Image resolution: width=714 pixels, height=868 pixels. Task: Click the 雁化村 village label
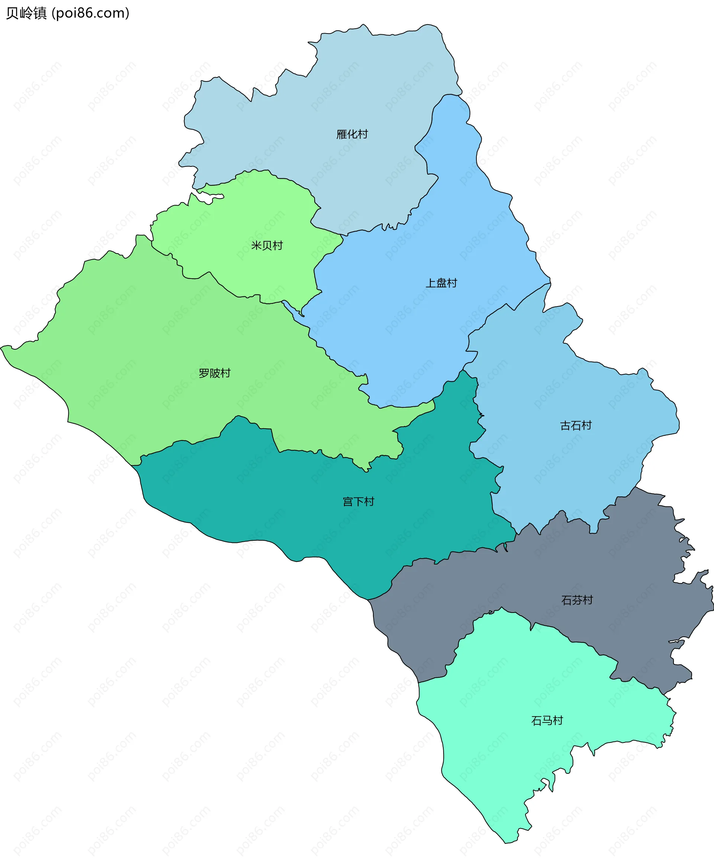point(352,134)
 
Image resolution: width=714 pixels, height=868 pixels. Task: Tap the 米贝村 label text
point(267,246)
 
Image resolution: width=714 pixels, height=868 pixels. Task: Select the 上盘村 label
point(441,283)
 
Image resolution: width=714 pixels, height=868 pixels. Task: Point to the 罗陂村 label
point(214,373)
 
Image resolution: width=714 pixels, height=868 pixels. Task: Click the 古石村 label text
point(575,425)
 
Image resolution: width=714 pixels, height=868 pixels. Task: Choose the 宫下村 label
point(358,502)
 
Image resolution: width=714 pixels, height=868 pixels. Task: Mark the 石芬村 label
point(577,600)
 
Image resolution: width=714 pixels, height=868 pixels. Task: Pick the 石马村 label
point(547,721)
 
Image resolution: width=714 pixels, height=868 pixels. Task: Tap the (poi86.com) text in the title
point(90,13)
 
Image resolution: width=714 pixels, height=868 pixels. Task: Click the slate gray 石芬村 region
point(617,568)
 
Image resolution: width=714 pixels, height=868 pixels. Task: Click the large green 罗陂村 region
point(144,350)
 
